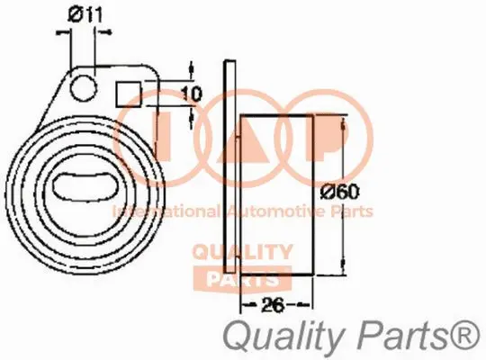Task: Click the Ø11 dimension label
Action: tap(83, 13)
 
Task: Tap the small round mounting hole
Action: tap(84, 86)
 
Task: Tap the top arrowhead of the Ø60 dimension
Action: tap(343, 121)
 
